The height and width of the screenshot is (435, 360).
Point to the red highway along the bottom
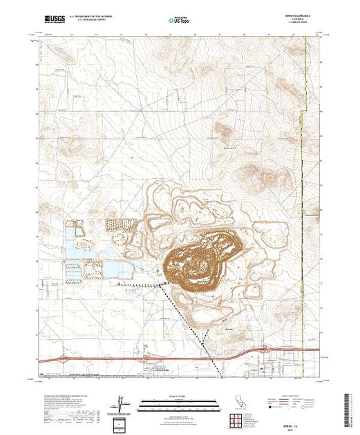tap(104, 358)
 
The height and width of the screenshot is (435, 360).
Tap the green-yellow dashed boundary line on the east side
tap(304, 173)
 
